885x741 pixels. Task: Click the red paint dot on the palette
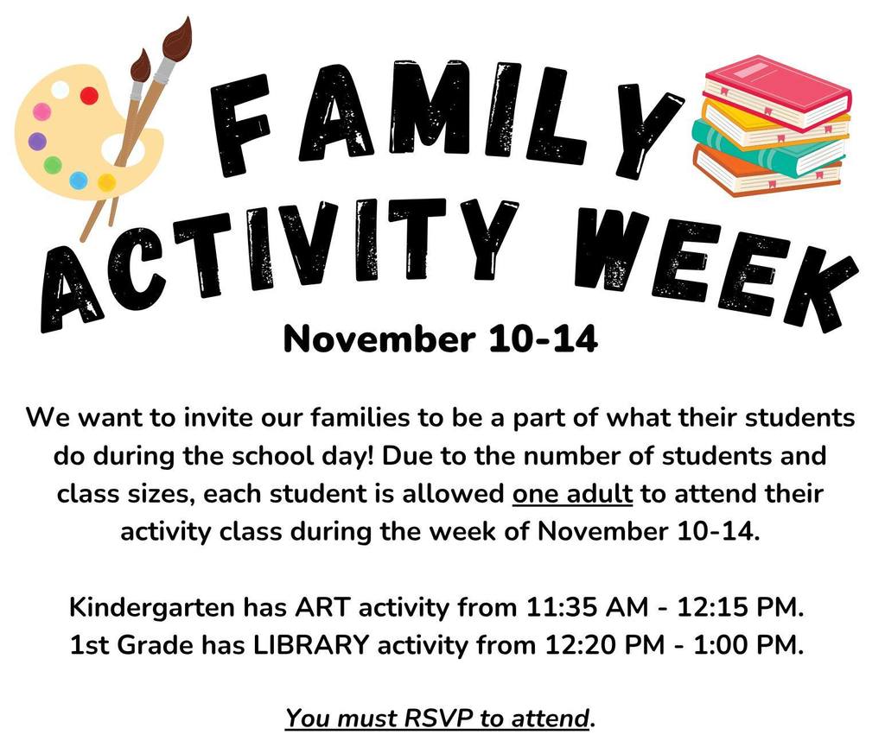point(89,96)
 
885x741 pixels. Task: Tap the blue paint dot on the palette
point(79,180)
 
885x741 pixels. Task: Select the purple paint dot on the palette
point(36,141)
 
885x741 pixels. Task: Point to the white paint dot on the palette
point(60,89)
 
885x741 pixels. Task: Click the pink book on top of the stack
point(776,92)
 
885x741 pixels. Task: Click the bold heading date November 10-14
point(441,339)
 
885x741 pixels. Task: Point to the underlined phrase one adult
point(573,495)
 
